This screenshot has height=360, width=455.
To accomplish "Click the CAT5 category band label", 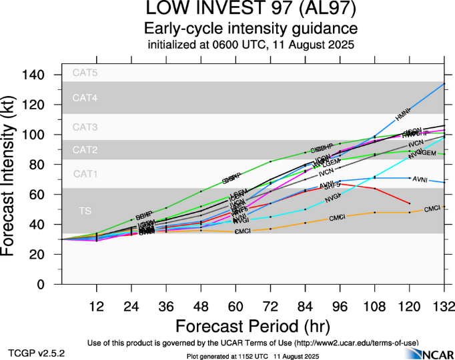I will click(85, 73).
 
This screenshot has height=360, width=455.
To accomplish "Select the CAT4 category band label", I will click(85, 98).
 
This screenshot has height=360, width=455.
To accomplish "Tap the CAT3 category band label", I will click(85, 127).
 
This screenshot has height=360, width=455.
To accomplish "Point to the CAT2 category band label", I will click(85, 149).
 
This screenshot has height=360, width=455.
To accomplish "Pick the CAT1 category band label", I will click(85, 174).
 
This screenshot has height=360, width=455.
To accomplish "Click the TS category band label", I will click(85, 211).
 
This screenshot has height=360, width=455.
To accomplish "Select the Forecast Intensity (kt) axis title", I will click(15, 177).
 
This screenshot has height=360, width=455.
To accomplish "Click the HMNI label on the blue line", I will click(402, 117).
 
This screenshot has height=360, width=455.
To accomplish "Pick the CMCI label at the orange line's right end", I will click(432, 209).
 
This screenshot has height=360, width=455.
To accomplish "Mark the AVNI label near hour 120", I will click(420, 179).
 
